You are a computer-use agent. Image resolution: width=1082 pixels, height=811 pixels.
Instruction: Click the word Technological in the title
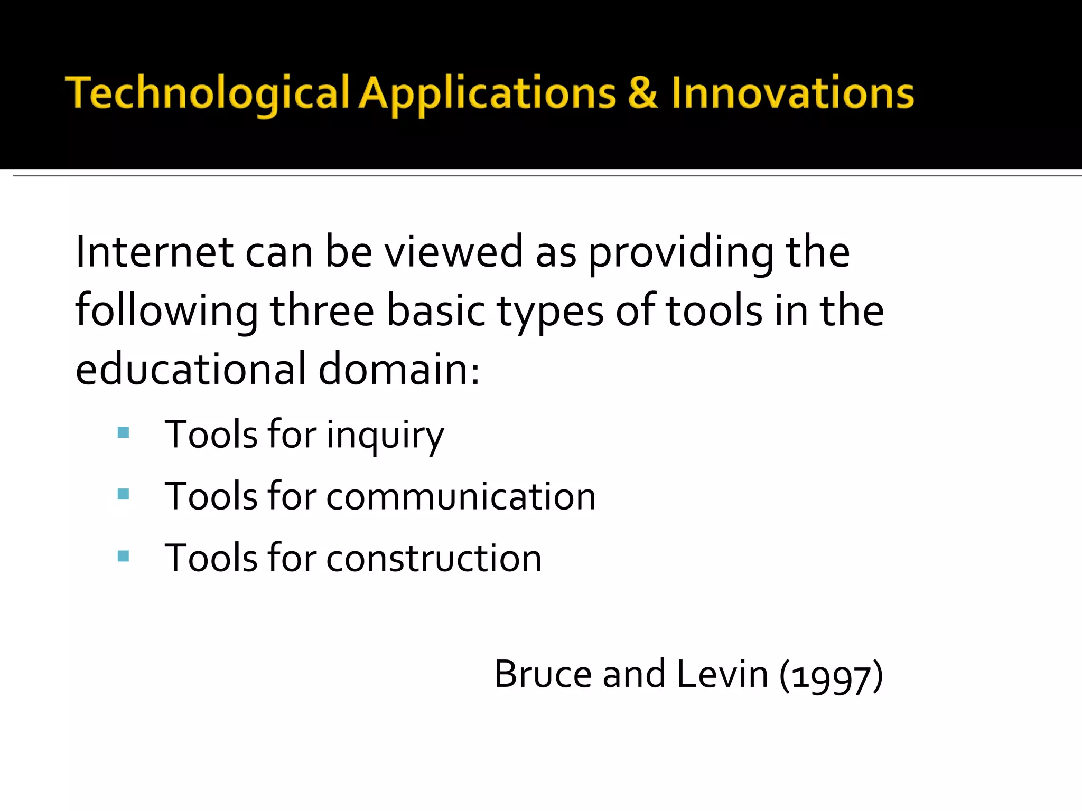(207, 93)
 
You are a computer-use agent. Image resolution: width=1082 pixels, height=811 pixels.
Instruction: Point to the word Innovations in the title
(792, 93)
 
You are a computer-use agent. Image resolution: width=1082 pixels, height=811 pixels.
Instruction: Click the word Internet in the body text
(154, 252)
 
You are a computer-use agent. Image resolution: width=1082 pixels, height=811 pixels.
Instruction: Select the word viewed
(453, 252)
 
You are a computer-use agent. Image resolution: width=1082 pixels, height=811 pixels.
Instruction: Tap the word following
(167, 312)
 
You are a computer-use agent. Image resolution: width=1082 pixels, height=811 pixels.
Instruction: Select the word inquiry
(385, 436)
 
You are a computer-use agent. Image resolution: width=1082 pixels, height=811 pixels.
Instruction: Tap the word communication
(461, 497)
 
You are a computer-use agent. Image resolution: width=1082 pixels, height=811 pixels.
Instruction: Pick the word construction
(434, 558)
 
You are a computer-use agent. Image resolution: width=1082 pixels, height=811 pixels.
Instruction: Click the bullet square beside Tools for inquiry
(124, 433)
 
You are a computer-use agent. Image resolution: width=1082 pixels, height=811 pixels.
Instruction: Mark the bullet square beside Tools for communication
(124, 494)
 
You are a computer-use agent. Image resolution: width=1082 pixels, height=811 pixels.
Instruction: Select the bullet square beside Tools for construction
(124, 556)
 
